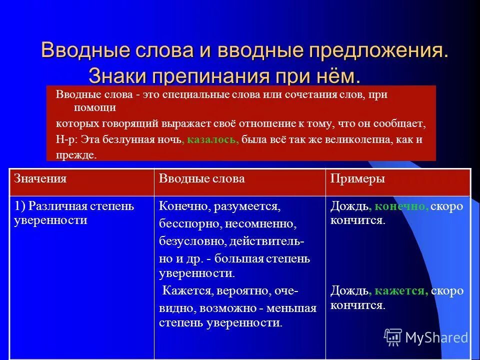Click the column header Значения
point(40,179)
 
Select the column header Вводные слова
point(201,179)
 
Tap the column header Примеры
point(357,179)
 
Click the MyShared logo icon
point(393,337)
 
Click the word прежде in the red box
point(75,155)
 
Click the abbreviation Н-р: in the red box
point(66,139)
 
